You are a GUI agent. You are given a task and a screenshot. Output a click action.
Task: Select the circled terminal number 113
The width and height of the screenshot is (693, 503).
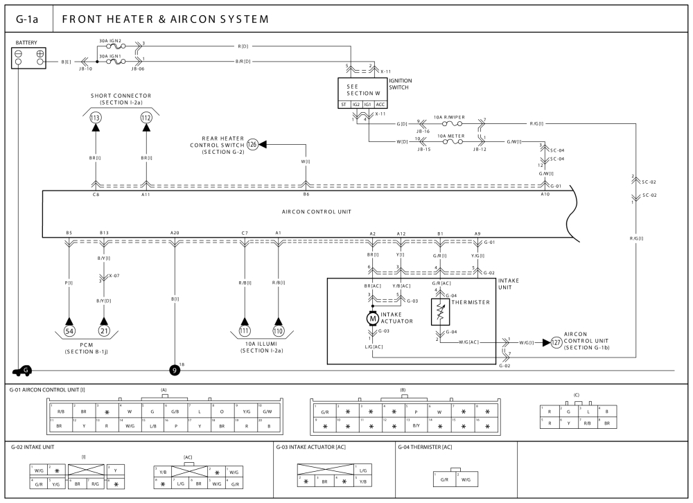click(95, 118)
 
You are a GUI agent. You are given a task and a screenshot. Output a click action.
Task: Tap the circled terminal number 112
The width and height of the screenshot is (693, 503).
click(146, 118)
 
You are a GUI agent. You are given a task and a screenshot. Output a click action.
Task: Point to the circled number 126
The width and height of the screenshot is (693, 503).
click(252, 144)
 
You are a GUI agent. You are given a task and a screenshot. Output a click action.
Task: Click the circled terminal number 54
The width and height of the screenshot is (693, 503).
click(69, 331)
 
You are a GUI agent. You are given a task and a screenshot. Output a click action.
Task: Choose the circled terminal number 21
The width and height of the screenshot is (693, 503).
click(105, 331)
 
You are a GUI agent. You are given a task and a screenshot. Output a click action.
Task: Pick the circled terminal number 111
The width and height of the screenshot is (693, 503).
click(244, 331)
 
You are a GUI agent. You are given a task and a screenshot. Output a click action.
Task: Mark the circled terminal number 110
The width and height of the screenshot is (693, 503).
click(279, 331)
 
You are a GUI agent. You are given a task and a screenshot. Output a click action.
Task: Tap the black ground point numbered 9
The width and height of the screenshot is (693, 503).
click(175, 370)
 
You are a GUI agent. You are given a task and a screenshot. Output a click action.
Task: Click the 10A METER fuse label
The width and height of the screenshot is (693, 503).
click(452, 136)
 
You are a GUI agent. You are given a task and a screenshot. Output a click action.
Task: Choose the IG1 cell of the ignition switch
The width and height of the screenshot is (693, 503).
click(367, 105)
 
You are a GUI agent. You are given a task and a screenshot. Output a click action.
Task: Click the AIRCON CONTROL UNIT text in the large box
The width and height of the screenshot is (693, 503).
click(310, 212)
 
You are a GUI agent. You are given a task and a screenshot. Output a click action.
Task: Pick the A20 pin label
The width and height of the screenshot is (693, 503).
click(175, 233)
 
